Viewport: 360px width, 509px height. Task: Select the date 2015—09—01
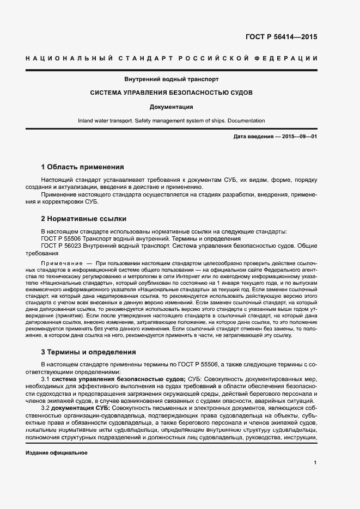click(300, 137)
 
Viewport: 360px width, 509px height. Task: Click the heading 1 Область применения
click(82, 167)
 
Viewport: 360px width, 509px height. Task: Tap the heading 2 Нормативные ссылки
click(84, 219)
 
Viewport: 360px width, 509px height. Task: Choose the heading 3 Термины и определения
click(88, 352)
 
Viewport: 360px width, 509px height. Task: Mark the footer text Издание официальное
click(57, 453)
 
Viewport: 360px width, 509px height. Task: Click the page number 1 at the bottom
click(315, 463)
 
